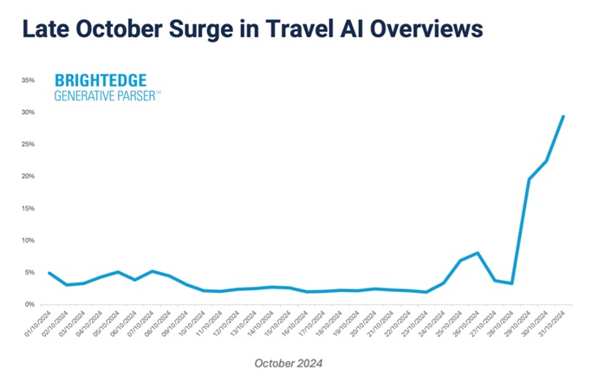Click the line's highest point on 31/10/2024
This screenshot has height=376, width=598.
[564, 116]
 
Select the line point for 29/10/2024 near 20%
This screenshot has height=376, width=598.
[530, 178]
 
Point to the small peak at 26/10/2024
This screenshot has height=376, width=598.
[478, 253]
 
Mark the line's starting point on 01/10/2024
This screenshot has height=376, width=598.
[49, 273]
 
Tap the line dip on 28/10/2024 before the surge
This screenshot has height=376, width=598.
[512, 283]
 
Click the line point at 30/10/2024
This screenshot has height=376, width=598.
[547, 161]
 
